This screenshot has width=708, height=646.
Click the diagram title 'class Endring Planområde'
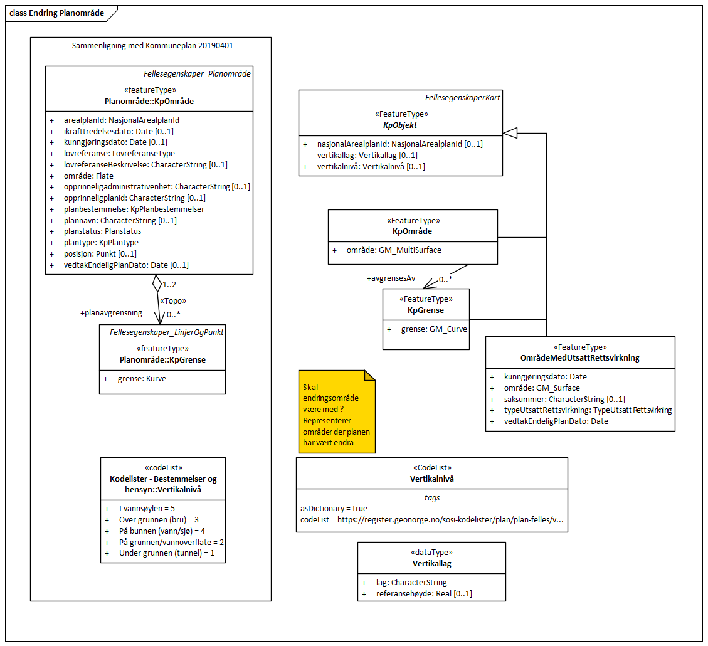(x=57, y=13)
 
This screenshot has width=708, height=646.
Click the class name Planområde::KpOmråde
(x=149, y=101)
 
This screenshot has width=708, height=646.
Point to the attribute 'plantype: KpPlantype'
(x=101, y=243)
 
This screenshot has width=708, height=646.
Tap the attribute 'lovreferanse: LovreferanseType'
(x=119, y=153)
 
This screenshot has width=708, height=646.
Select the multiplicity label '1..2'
(x=169, y=284)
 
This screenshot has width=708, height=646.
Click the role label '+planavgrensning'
(x=111, y=312)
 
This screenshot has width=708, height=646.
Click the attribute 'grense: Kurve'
(x=142, y=379)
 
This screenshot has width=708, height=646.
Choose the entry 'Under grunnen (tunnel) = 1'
(x=167, y=553)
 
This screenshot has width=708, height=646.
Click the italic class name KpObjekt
(x=400, y=125)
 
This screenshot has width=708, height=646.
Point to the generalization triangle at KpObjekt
(x=510, y=132)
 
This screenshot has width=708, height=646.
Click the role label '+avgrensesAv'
(x=391, y=278)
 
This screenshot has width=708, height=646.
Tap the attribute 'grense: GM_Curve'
(x=434, y=328)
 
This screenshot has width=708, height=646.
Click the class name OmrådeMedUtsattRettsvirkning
(x=580, y=358)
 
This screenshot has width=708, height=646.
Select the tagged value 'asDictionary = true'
(x=334, y=509)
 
